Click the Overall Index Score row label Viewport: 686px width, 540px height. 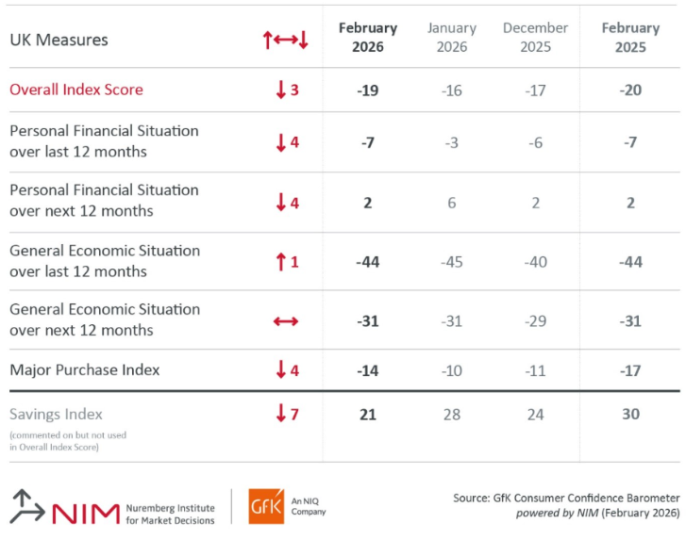(x=76, y=90)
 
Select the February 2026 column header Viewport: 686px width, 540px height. (x=368, y=37)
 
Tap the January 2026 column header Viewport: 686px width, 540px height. (x=452, y=37)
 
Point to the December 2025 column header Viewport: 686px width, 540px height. (x=535, y=37)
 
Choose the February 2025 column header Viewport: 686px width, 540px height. (x=630, y=37)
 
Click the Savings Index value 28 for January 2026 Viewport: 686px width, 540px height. (x=452, y=414)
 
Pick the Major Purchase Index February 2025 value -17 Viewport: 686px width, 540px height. (x=630, y=370)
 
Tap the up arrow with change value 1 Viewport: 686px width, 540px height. (x=287, y=262)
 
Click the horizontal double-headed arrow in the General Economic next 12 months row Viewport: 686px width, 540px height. (x=286, y=321)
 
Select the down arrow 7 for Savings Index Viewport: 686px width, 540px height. (x=287, y=413)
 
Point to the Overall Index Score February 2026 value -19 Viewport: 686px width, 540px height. (x=367, y=90)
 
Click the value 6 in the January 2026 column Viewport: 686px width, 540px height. (x=452, y=203)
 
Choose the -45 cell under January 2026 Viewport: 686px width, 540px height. (x=452, y=262)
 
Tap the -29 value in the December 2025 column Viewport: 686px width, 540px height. (x=535, y=321)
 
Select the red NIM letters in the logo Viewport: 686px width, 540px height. (x=86, y=513)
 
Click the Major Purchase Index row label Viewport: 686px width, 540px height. (x=85, y=369)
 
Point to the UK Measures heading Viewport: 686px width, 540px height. (x=59, y=40)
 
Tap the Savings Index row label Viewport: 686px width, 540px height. (x=57, y=414)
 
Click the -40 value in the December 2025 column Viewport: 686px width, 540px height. (x=535, y=262)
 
